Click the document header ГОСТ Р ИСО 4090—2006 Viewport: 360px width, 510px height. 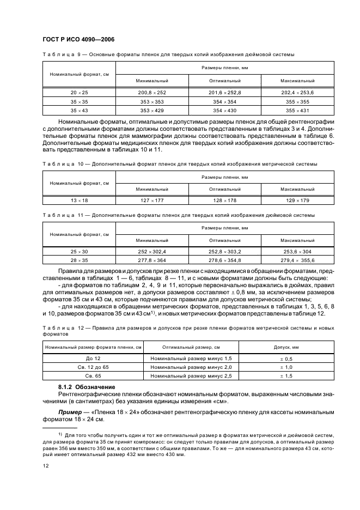(x=78, y=40)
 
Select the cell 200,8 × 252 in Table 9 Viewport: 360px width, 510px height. (x=152, y=93)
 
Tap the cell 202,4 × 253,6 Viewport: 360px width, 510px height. (x=297, y=93)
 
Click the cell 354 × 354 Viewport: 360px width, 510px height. (x=225, y=102)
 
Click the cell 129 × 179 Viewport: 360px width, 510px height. (x=297, y=201)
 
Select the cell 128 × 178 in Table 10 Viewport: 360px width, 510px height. (x=225, y=201)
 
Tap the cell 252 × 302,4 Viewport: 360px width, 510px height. (x=152, y=252)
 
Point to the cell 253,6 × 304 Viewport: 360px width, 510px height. (x=297, y=252)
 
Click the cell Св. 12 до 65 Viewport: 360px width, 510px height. (x=94, y=367)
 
